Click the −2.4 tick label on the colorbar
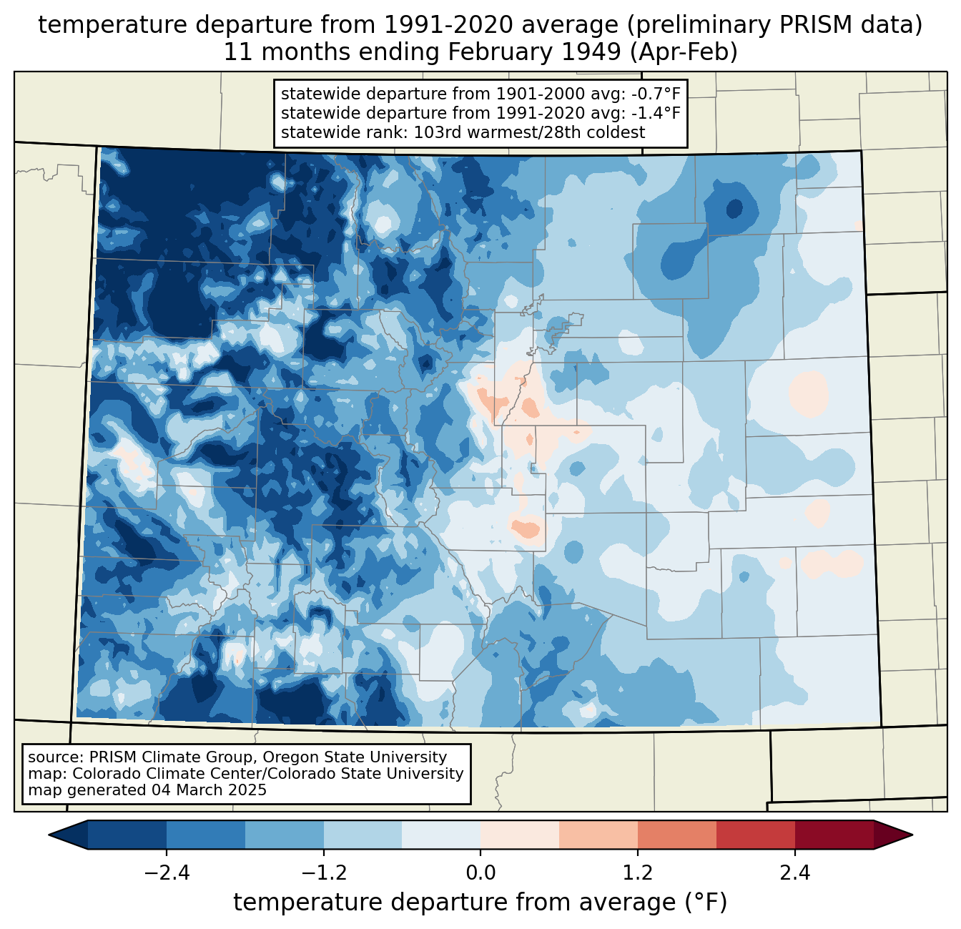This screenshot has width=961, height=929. tap(167, 873)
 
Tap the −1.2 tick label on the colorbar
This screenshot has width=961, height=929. tap(323, 873)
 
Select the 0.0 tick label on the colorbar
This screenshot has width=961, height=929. tap(480, 873)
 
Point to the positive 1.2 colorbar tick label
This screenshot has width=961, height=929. tap(638, 873)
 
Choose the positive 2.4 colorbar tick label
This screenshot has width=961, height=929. tap(794, 873)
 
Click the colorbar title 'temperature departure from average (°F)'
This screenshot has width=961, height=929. tap(480, 903)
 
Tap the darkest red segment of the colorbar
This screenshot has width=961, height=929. tap(834, 835)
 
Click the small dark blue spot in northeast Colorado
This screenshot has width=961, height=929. tap(734, 209)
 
